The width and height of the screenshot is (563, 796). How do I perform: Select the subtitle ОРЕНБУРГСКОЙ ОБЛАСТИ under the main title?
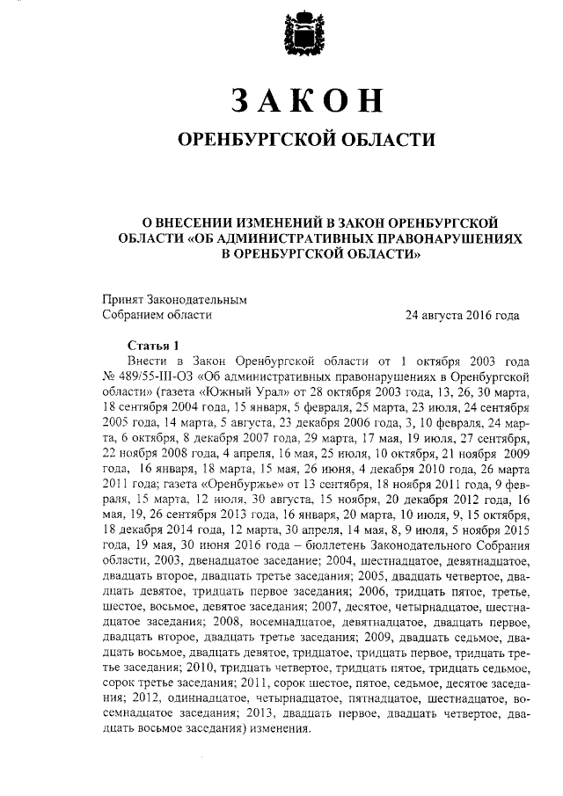pyautogui.click(x=306, y=141)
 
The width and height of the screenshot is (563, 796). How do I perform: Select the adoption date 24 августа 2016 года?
pyautogui.click(x=461, y=315)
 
